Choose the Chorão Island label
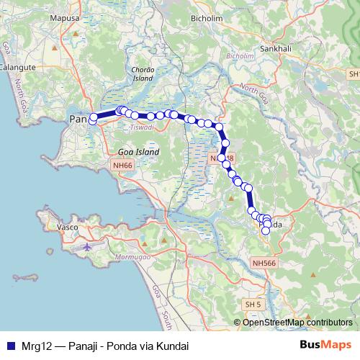click(142, 73)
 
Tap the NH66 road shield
click(122, 166)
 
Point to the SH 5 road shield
click(252, 305)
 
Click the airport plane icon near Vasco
click(88, 246)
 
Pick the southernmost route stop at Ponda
click(266, 230)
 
